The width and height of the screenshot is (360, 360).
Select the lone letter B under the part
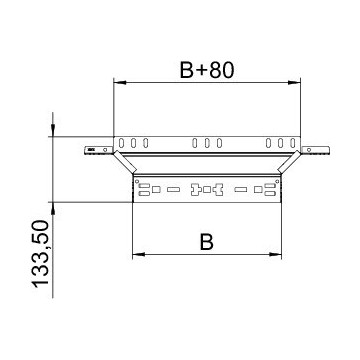205,241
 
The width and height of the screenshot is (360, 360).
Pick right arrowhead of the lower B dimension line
275,252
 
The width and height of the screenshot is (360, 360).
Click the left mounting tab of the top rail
97,150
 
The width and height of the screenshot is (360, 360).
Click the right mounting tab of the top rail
314,150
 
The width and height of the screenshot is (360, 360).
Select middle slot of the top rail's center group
206,142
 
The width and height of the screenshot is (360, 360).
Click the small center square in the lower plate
206,188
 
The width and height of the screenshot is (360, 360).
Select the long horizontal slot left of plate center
173,188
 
